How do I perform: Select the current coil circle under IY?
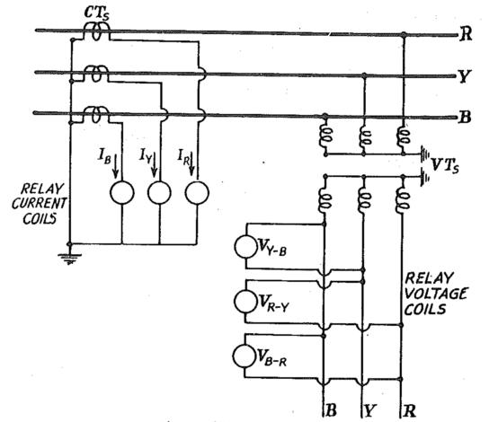158,192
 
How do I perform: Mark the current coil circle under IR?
195,192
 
